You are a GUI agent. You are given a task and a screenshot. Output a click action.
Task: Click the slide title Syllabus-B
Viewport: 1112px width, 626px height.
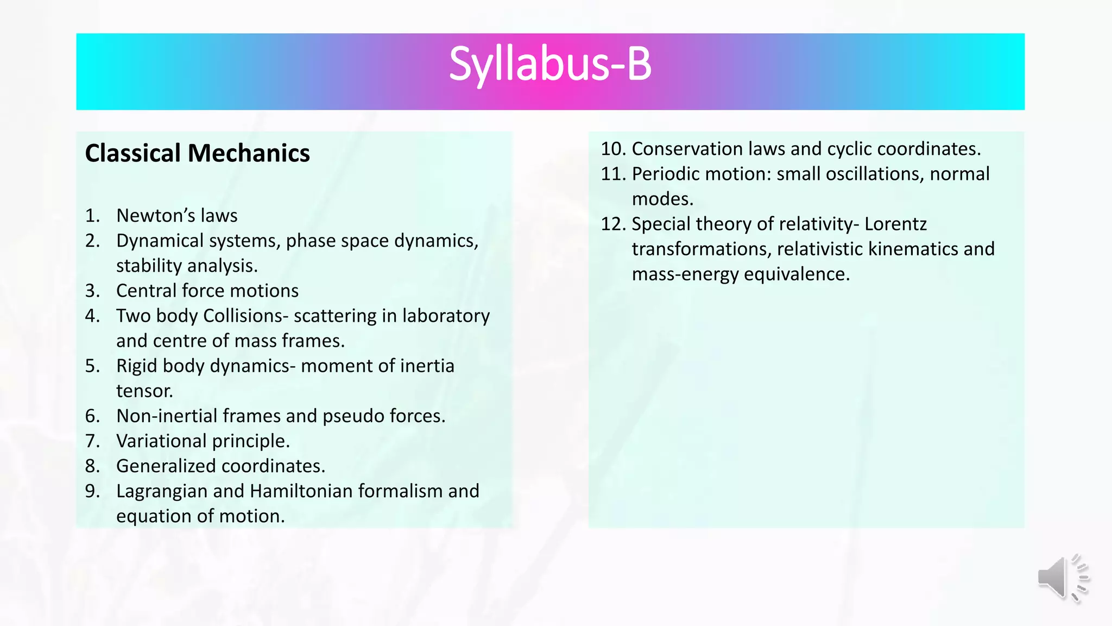pyautogui.click(x=550, y=65)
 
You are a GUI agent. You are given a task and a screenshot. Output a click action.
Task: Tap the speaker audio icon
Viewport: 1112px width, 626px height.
pyautogui.click(x=1063, y=578)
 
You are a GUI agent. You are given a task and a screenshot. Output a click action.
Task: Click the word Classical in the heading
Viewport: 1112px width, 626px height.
pyautogui.click(x=133, y=153)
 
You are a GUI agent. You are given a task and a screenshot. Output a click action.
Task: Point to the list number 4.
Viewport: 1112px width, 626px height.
pyautogui.click(x=92, y=316)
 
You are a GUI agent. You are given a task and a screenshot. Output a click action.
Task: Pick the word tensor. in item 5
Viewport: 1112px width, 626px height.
pyautogui.click(x=144, y=391)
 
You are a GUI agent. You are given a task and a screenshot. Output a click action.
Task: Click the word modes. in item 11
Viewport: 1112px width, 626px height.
pyautogui.click(x=662, y=199)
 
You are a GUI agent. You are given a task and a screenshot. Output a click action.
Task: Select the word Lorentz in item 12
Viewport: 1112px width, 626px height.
pyautogui.click(x=895, y=224)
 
